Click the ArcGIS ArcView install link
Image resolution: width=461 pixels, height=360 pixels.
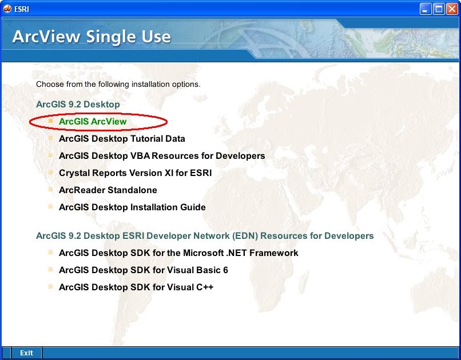coord(93,121)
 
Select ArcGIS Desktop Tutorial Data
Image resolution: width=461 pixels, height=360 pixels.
coord(122,138)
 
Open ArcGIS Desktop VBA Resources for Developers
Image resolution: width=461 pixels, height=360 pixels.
coord(162,155)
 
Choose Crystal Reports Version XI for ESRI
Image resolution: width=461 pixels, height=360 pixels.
coord(136,173)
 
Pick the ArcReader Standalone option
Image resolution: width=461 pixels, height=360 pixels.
coord(108,190)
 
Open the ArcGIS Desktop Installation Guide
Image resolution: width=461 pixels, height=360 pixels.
coord(132,207)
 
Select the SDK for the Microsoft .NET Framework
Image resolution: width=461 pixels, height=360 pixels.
coord(178,253)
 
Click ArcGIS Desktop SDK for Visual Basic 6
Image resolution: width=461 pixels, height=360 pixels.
coord(144,270)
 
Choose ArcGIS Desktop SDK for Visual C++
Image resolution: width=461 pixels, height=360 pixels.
coord(136,287)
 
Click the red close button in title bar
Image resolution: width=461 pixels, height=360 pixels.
coord(451,9)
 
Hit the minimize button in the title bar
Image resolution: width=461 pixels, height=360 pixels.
coord(425,9)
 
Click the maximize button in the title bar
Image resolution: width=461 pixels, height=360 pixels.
coord(438,9)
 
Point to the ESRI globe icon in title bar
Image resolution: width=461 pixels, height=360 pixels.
coord(8,9)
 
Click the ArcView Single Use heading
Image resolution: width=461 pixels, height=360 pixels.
coord(92,37)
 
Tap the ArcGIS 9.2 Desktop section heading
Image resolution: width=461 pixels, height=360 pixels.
coord(78,105)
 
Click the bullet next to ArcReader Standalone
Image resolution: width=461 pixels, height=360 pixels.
coord(50,189)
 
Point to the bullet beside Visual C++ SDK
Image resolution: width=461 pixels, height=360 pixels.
coord(50,286)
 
